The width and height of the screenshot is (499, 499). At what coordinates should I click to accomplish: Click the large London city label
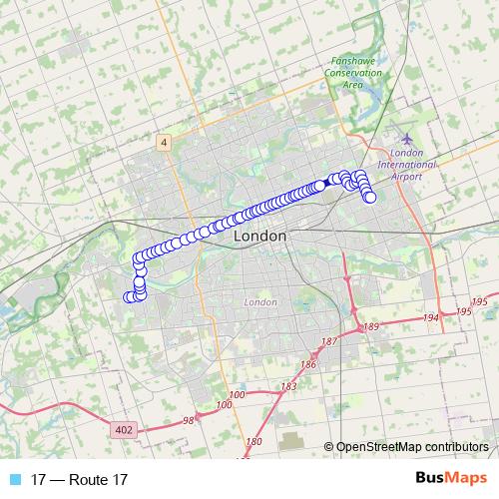tap(259, 238)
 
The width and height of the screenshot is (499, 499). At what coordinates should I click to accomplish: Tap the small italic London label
tap(259, 301)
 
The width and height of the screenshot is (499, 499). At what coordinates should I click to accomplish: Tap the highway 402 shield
tap(124, 429)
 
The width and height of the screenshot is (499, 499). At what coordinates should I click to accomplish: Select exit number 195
tap(478, 301)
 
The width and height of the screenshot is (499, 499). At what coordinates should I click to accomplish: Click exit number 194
tap(431, 317)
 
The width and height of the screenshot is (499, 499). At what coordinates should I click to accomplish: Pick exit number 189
tap(372, 326)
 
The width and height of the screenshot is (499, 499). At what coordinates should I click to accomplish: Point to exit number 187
tap(327, 342)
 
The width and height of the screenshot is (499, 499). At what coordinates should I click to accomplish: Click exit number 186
tap(307, 365)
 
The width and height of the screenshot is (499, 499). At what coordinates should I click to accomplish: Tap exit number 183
tap(289, 386)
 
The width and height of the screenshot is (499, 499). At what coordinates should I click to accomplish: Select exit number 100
tap(237, 396)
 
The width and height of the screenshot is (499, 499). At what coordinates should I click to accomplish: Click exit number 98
tap(189, 421)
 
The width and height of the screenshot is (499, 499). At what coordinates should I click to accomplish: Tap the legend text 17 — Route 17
tap(80, 480)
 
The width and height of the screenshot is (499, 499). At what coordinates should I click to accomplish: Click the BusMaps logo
tap(450, 479)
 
